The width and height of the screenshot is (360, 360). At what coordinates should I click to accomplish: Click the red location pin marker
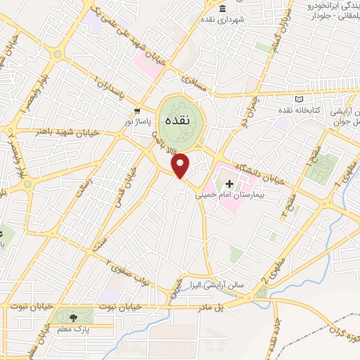point(181,165)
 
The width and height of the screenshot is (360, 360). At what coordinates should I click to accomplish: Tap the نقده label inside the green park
point(176,120)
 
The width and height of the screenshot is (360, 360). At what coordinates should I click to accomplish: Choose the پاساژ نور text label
point(139,121)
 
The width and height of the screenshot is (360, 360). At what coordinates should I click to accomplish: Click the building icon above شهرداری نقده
point(222,8)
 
